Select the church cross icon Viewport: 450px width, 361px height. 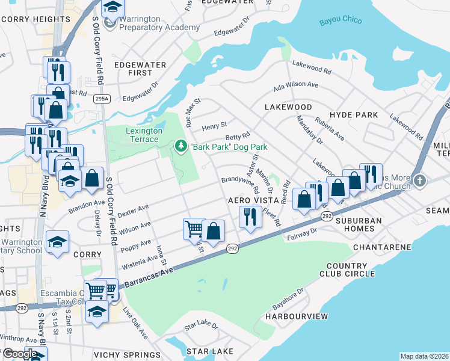[420, 180]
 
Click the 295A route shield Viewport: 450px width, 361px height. [102, 98]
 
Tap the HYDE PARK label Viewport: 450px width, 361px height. [354, 115]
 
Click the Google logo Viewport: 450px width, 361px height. [20, 354]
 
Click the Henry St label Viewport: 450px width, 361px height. [214, 125]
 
